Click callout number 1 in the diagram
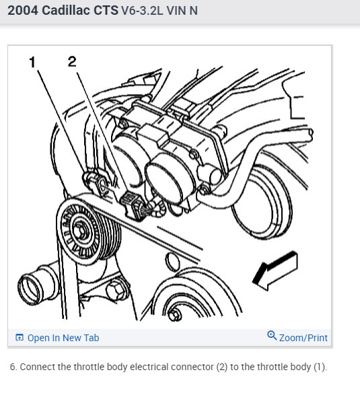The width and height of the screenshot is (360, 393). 32,62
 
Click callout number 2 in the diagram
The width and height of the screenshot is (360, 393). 72,61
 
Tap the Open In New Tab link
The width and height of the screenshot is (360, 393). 63,338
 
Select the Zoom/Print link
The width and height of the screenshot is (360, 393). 303,338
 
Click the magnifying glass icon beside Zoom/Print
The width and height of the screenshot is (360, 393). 272,335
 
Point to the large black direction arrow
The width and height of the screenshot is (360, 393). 276,271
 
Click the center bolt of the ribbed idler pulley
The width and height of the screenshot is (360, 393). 80,231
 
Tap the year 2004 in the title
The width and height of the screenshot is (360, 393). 23,11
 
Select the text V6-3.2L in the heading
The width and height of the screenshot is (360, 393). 142,11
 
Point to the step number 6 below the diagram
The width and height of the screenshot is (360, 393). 13,367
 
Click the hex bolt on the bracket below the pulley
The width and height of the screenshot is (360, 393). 116,291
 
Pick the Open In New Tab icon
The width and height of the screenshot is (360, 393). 20,338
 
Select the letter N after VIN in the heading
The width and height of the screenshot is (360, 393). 194,11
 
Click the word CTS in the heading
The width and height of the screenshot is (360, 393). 106,11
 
